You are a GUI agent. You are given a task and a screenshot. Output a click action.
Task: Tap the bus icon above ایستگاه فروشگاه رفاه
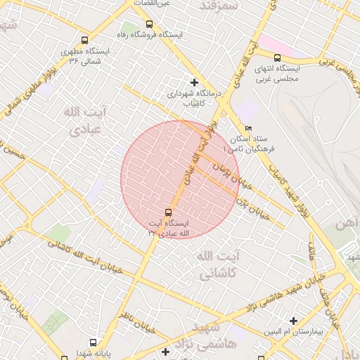coord(148,24)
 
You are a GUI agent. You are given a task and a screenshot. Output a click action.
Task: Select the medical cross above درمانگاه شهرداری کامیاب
coord(194,82)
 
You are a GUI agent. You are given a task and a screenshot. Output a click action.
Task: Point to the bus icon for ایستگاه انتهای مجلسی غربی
coord(277,58)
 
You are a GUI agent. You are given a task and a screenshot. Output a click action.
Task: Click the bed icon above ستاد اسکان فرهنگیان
coord(247,128)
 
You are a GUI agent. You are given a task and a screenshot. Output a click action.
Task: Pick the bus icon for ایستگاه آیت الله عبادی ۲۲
coord(168,212)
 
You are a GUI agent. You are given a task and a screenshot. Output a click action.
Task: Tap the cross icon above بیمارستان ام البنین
coord(293,321)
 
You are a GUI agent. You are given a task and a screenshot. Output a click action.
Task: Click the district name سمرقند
coord(221,5)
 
